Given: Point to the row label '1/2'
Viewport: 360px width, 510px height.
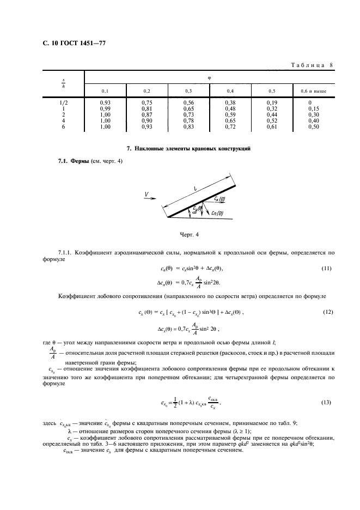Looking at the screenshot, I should point(63,102).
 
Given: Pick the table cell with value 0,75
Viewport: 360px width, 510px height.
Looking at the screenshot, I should point(147,102).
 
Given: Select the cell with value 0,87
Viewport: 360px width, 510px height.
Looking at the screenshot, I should point(147,114).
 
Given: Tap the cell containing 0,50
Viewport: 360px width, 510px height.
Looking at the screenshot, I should point(313,126).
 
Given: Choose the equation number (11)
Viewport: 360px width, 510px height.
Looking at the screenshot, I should point(326,269).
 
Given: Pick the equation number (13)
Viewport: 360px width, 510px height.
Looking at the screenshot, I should point(326,403).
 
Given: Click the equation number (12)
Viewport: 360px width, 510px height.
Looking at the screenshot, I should point(326,312).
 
